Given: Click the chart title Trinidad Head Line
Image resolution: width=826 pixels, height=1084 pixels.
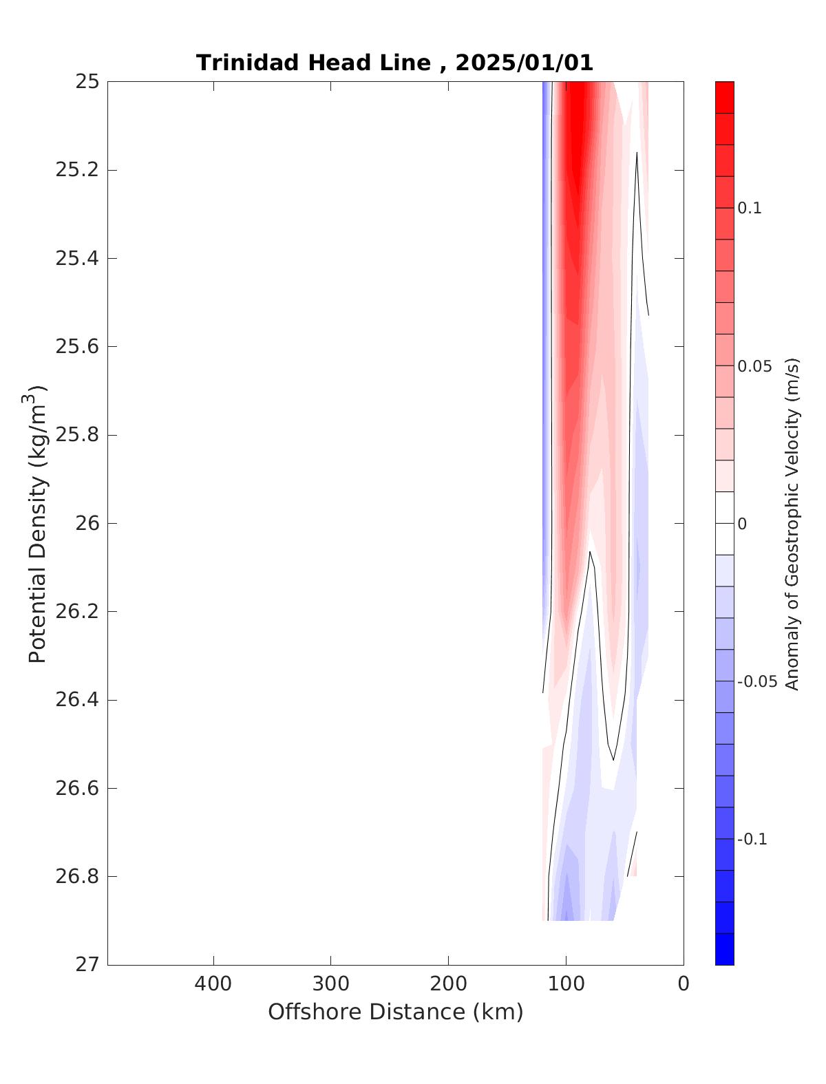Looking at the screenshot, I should [313, 63].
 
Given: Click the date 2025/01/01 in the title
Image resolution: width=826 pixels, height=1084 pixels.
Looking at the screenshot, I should [524, 63].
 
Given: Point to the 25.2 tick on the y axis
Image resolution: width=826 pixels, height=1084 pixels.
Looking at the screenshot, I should [76, 170].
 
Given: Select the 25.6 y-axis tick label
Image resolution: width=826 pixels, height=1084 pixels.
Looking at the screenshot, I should [76, 346].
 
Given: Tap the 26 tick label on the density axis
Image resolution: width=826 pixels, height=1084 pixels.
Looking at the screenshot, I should [86, 523].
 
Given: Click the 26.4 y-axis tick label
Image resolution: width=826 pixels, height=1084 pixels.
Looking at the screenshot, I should [76, 700].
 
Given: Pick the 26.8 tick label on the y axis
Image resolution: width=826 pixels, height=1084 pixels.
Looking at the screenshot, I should [76, 876].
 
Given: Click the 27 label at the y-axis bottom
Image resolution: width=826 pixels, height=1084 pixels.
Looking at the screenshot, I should [86, 964].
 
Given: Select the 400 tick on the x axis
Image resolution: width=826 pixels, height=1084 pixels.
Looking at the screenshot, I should [213, 984].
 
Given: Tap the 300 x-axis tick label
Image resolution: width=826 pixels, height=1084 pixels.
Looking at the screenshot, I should [330, 984].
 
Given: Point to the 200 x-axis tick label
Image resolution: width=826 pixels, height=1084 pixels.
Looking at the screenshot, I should [448, 984].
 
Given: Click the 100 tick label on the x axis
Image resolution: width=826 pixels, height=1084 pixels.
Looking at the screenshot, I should [566, 984].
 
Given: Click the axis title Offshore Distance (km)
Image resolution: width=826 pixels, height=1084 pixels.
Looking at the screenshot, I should [395, 1012].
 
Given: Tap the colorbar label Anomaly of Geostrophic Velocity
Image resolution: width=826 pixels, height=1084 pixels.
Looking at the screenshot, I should [792, 523].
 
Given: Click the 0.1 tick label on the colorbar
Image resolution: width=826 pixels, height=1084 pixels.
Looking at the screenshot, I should [750, 209].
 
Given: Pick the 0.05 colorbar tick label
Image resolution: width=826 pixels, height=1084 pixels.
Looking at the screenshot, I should [754, 366].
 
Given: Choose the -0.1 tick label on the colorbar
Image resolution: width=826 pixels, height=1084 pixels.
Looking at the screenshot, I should [752, 840].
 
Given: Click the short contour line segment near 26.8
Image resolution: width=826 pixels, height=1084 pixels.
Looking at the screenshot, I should [632, 854].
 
